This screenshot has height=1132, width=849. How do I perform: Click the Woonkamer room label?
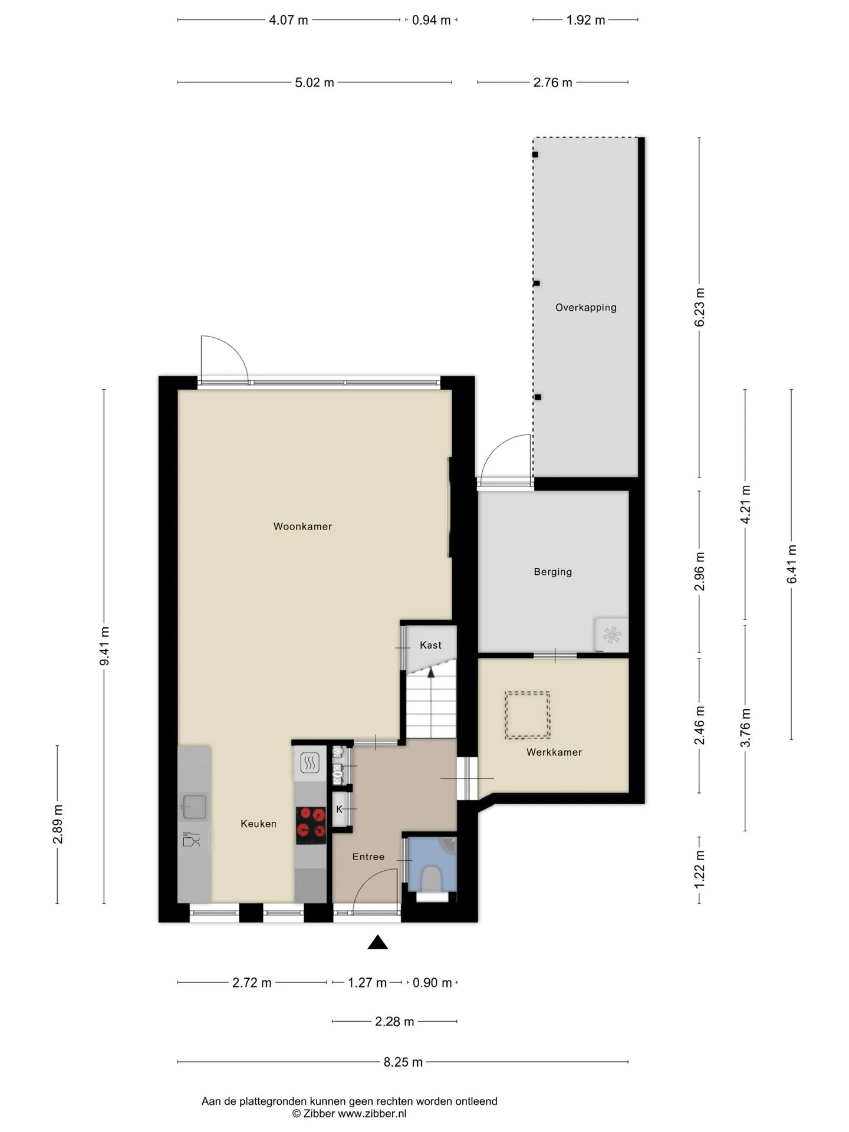pos(302,526)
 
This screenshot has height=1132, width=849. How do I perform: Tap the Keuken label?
pos(258,824)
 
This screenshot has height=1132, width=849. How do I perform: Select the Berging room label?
pos(552,572)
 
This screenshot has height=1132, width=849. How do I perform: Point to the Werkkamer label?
pos(554,752)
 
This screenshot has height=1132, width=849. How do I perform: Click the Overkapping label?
pos(586,307)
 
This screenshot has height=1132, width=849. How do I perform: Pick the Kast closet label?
pos(430,645)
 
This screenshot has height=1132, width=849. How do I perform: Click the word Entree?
pos(368,857)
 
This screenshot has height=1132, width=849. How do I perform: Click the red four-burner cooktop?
pos(311,822)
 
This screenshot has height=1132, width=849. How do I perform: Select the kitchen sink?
pos(194,807)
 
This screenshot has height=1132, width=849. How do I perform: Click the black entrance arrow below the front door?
pos(378,942)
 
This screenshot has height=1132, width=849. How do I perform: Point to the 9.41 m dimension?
pos(104,646)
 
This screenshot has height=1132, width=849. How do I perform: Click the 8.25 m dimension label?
pos(403,1062)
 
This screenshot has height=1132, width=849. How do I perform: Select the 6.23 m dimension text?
pos(700,307)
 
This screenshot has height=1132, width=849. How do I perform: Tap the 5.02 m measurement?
pos(314,83)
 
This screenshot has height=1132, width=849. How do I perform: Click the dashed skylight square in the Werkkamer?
pos(527,715)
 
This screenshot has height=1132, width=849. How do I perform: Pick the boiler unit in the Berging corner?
pos(612,635)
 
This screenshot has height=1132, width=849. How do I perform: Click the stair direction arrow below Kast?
pos(431,673)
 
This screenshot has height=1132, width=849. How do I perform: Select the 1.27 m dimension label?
pos(367,983)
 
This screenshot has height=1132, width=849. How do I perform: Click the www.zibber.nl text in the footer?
pos(372,1114)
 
